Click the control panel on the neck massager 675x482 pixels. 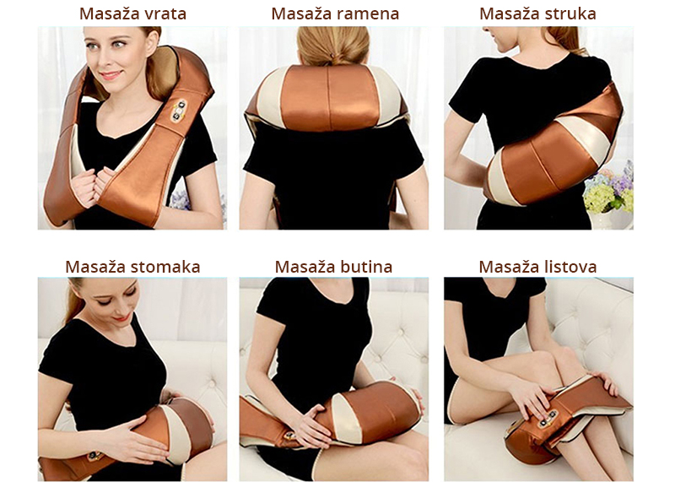[x=179, y=112]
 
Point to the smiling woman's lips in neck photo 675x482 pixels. [x=111, y=75]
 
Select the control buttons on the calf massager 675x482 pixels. [x=548, y=418]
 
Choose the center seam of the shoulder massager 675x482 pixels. [x=328, y=97]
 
